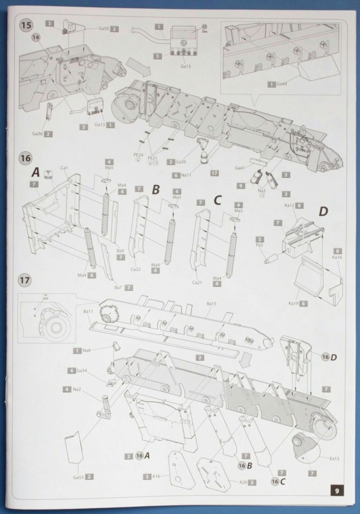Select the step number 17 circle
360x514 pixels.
pyautogui.click(x=25, y=280)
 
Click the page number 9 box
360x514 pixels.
pyautogui.click(x=336, y=490)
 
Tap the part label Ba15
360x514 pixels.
pyautogui.click(x=211, y=304)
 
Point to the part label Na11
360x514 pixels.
pyautogui.click(x=190, y=175)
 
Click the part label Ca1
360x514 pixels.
pyautogui.click(x=64, y=168)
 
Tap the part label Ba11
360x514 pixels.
pyautogui.click(x=87, y=311)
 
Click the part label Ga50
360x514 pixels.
pyautogui.click(x=103, y=29)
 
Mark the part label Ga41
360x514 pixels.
pyautogui.click(x=240, y=167)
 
